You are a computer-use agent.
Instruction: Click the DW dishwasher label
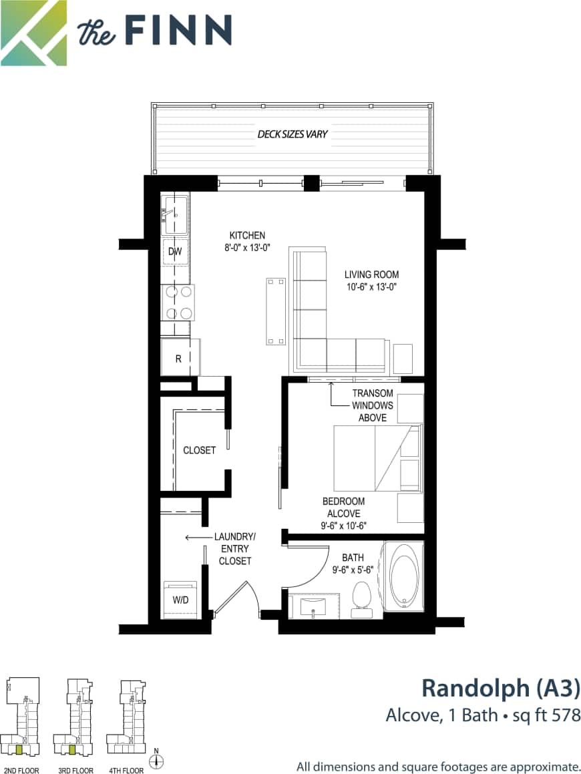click(x=175, y=252)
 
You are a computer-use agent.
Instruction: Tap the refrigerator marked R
click(x=179, y=358)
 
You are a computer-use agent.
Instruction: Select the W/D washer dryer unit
click(x=181, y=600)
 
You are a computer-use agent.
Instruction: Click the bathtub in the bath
click(x=403, y=578)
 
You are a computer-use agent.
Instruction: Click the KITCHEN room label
click(x=247, y=235)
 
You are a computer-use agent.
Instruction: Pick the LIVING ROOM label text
click(x=371, y=274)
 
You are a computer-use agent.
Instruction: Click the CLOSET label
click(x=200, y=450)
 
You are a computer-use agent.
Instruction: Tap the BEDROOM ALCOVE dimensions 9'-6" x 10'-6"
click(x=343, y=526)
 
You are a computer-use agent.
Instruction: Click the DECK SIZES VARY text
click(x=293, y=134)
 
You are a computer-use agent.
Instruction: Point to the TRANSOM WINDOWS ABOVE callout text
click(x=373, y=405)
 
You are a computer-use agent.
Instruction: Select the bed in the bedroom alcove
click(x=377, y=457)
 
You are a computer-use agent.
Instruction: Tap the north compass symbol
click(x=159, y=760)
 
